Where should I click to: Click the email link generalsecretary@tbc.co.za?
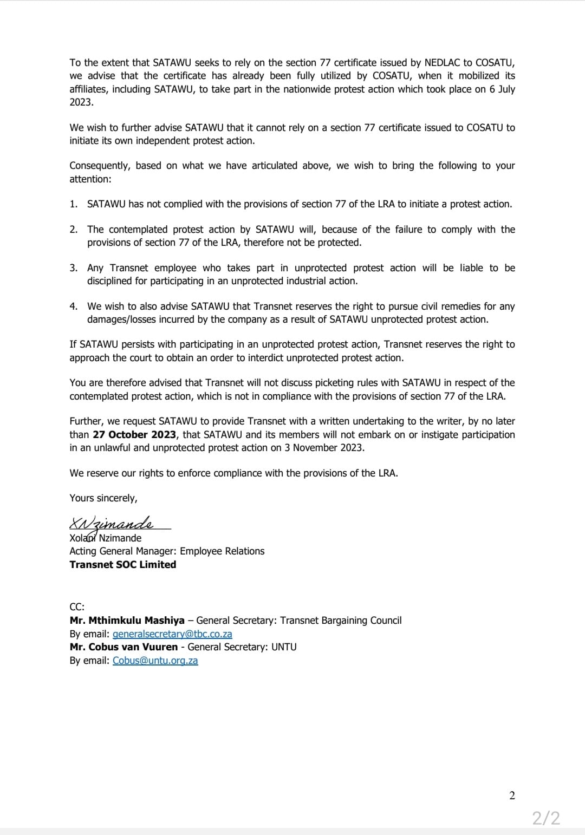point(172,634)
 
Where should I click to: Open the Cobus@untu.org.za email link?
point(155,661)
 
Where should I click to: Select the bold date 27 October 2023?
point(134,435)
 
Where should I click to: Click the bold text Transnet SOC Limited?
point(123,565)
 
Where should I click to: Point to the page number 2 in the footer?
point(512,795)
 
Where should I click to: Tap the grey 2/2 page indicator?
point(546,818)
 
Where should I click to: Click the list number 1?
point(73,204)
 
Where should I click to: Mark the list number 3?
point(73,268)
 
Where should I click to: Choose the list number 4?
point(73,306)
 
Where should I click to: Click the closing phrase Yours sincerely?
point(103,498)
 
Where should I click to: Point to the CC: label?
point(77,607)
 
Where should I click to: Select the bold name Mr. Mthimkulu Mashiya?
point(127,621)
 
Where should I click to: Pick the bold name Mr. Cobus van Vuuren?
point(123,647)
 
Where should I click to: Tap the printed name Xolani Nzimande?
point(106,538)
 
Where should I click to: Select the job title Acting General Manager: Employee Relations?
point(167,551)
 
